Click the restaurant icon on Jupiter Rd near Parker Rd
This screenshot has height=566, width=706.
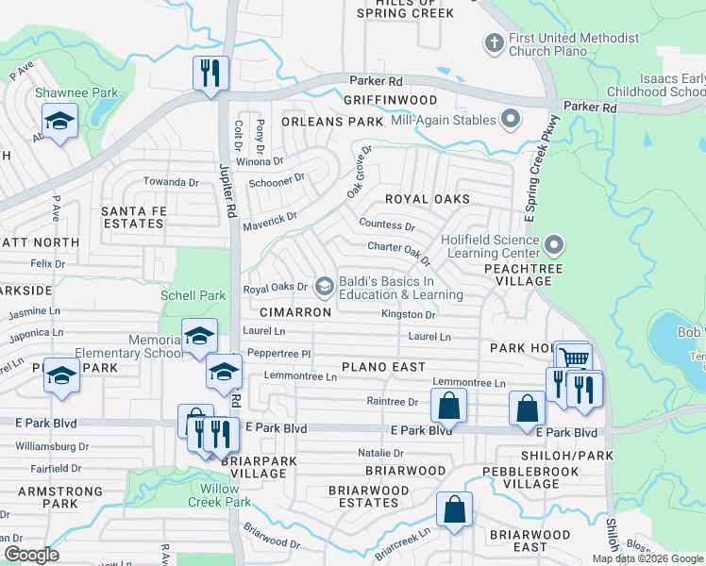click(210, 73)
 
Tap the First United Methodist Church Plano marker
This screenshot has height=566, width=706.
click(492, 43)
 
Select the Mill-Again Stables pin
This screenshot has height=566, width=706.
click(511, 120)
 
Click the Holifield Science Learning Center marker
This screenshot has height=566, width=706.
click(553, 246)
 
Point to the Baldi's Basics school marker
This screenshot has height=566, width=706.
click(325, 286)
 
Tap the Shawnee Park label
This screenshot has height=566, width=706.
click(64, 92)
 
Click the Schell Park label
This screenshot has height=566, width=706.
click(193, 295)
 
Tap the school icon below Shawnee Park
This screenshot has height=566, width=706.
click(59, 122)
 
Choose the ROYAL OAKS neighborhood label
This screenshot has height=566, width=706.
click(427, 199)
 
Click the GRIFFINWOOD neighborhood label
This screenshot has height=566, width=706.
click(390, 100)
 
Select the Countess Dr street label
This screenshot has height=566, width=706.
click(387, 225)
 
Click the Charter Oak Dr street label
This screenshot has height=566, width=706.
click(398, 251)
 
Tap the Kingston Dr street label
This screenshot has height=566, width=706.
click(408, 314)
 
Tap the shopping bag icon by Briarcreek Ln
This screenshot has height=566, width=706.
click(454, 508)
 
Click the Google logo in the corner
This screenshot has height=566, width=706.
click(30, 555)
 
